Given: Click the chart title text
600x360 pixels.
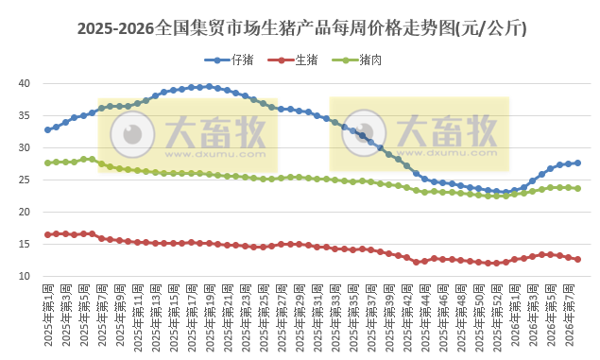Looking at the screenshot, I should click(300, 29).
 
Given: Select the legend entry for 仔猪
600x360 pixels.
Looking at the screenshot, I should click(233, 60).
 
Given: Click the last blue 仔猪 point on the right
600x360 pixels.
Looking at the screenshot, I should click(577, 163).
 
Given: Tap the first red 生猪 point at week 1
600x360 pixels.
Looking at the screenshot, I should click(48, 234).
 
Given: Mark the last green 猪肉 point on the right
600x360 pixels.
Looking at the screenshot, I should click(577, 188).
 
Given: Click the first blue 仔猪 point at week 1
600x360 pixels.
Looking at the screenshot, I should click(48, 129).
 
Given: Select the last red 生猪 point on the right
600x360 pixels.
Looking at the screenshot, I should click(577, 259).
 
